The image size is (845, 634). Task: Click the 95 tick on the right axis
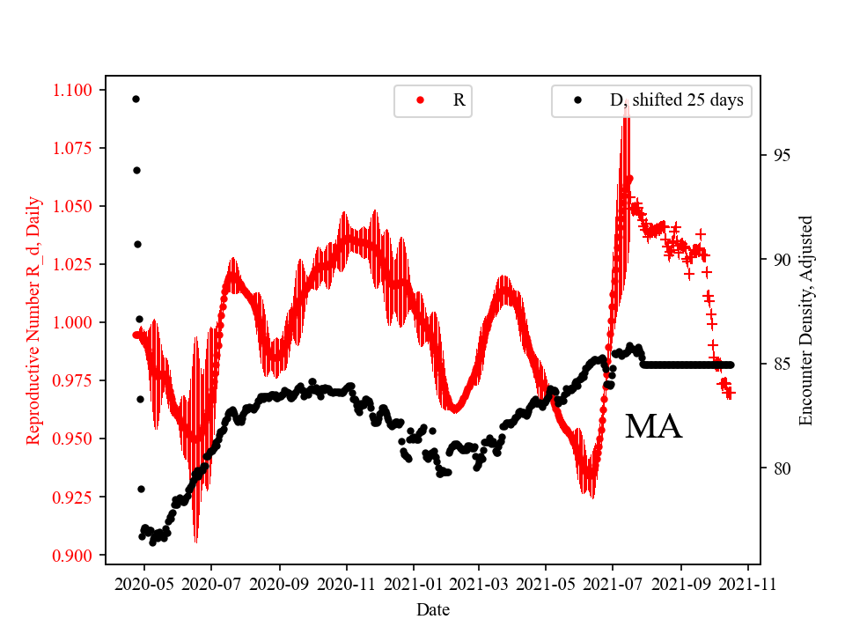[777, 155]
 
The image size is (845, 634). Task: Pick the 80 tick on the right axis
[777, 468]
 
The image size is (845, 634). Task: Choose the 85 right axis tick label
[777, 364]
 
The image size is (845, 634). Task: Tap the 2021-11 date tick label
[748, 583]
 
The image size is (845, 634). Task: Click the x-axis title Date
[433, 608]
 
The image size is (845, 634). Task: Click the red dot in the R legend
[420, 100]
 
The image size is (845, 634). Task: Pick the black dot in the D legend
[577, 100]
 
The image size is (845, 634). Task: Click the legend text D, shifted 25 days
[676, 100]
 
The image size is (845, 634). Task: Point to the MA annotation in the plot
[653, 428]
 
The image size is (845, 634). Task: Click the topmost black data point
[136, 99]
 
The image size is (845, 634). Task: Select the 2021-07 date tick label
[614, 583]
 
